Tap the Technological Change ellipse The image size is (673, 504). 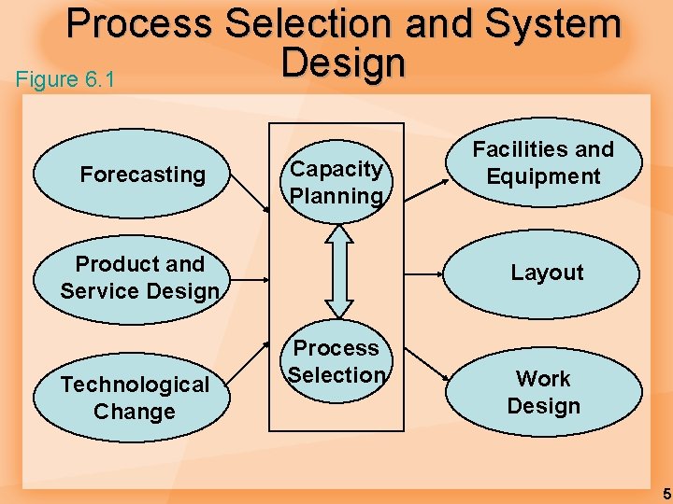[x=133, y=398]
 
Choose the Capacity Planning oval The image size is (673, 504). [x=336, y=181]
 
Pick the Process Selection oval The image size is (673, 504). [x=336, y=361]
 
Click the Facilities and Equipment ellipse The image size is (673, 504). [x=543, y=163]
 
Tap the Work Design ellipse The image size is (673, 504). [x=543, y=392]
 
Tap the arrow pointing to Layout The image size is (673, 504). [x=425, y=274]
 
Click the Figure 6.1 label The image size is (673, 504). [x=65, y=79]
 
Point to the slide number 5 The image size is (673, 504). [x=666, y=493]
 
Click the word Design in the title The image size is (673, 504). [x=343, y=63]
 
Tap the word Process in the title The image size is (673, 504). [x=141, y=24]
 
